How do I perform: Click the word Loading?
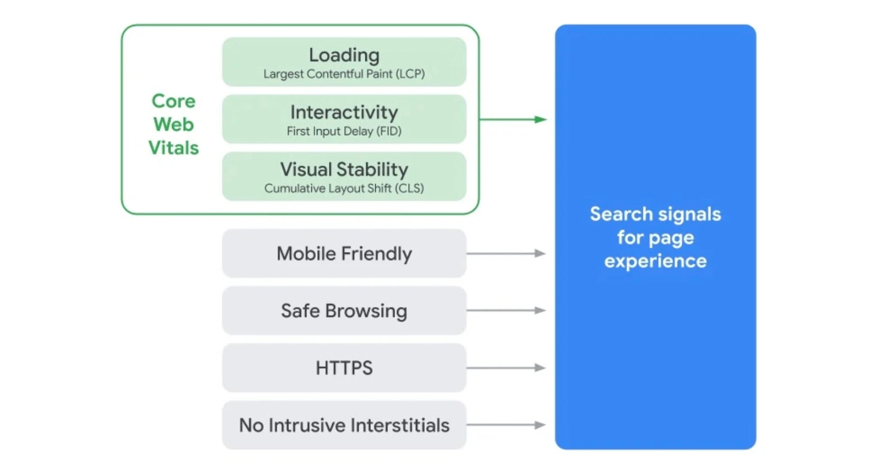pyautogui.click(x=344, y=55)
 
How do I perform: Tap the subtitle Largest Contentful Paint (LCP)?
pyautogui.click(x=344, y=74)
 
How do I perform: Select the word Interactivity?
pyautogui.click(x=344, y=112)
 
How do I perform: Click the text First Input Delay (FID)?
pyautogui.click(x=344, y=131)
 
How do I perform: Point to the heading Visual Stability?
pyautogui.click(x=344, y=170)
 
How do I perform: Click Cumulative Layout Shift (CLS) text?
pyautogui.click(x=344, y=189)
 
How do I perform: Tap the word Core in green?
pyautogui.click(x=174, y=101)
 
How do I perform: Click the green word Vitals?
pyautogui.click(x=174, y=148)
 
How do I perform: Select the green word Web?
pyautogui.click(x=174, y=125)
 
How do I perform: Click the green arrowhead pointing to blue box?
pyautogui.click(x=540, y=119)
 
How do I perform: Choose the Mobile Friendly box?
pyautogui.click(x=344, y=254)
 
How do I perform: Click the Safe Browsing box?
pyautogui.click(x=344, y=311)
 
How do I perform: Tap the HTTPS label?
pyautogui.click(x=344, y=368)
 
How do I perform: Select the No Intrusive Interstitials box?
pyautogui.click(x=344, y=425)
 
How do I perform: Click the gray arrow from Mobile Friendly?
pyautogui.click(x=506, y=254)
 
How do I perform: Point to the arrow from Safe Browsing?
pyautogui.click(x=506, y=311)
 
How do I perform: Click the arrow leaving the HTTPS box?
pyautogui.click(x=506, y=368)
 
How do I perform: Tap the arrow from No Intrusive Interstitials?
pyautogui.click(x=506, y=425)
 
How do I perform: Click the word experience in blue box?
pyautogui.click(x=655, y=262)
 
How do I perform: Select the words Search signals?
pyautogui.click(x=655, y=214)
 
